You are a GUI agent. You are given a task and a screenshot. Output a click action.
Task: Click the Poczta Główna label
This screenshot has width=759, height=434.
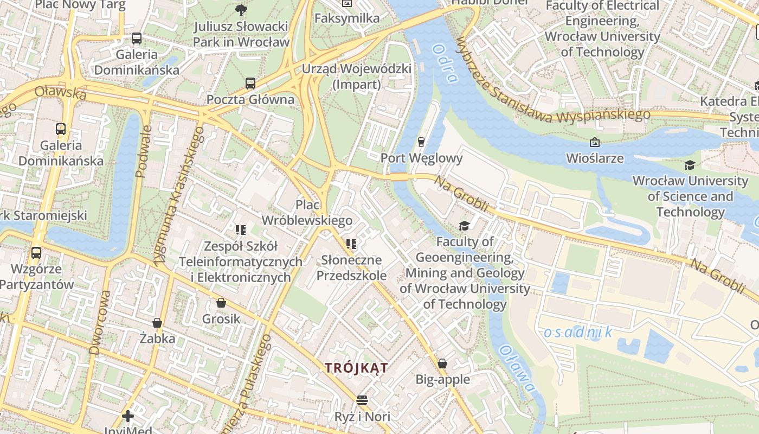[250, 100]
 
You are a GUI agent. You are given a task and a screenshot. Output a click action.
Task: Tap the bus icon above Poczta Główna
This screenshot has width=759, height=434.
[250, 84]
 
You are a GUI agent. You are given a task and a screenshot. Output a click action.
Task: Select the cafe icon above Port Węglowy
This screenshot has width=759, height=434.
[421, 142]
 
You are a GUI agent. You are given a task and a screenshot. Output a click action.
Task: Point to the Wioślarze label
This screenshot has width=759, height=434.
[594, 158]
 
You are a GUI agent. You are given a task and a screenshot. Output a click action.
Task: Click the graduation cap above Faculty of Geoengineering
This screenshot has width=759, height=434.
[464, 226]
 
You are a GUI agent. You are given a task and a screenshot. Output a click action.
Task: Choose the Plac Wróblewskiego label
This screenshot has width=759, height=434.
[307, 213]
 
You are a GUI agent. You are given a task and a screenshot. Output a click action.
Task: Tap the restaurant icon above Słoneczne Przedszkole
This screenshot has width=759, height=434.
[351, 244]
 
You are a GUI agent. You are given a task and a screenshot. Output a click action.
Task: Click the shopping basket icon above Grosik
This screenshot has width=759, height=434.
[221, 303]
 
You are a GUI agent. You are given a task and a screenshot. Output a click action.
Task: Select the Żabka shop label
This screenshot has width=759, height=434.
[157, 339]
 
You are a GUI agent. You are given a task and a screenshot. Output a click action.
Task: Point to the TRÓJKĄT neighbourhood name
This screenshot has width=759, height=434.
[357, 368]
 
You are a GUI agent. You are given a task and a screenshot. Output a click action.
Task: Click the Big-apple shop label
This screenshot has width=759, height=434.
[442, 379]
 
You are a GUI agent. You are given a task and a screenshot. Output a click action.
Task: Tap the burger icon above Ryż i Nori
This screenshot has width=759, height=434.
[362, 400]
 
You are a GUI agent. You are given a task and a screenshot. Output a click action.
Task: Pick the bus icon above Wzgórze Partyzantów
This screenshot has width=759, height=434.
[36, 252]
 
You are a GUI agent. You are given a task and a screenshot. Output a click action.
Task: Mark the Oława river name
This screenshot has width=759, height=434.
[517, 369]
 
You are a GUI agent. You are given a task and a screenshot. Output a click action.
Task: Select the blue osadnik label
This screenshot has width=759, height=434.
[578, 332]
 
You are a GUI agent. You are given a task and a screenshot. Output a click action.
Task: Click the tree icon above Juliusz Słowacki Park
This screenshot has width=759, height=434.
[241, 10]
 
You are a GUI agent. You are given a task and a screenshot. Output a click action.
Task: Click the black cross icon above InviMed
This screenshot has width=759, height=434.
[128, 416]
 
